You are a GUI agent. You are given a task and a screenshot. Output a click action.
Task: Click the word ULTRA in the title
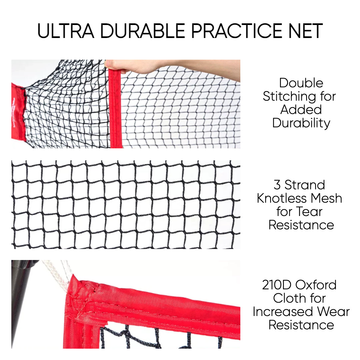coord(66,31)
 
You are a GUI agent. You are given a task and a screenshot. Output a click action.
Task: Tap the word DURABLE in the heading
coord(143,31)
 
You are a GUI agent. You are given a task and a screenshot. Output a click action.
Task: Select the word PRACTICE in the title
coord(237,31)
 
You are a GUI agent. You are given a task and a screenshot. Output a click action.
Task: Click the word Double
coord(301,83)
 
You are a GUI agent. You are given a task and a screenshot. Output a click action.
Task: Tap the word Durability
coord(301,123)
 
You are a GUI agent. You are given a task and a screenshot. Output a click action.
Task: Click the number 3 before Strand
coord(277,185)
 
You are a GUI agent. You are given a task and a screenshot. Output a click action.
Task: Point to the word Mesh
coord(326,198)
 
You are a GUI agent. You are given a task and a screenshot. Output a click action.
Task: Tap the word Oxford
coord(316,285)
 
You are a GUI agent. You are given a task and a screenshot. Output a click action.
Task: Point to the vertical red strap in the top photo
coord(115,108)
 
